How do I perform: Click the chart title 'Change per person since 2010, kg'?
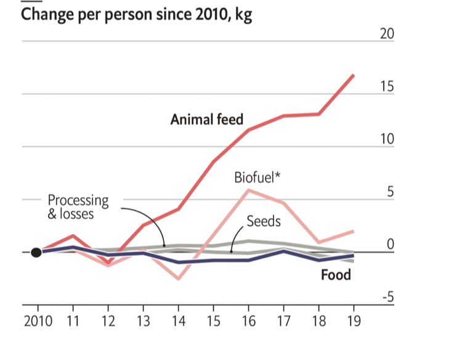coord(136,14)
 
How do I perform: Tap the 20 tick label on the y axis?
coord(386,33)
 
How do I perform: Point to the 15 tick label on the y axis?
coord(386,86)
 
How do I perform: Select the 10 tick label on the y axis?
coord(386,139)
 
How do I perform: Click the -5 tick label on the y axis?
coord(386,298)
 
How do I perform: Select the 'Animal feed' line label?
coord(207,119)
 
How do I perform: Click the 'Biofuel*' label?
coord(257,178)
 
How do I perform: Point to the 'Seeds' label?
coord(264,221)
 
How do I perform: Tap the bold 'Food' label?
coord(336,274)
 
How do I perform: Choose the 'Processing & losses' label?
coord(78,207)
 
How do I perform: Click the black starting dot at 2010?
coord(36,252)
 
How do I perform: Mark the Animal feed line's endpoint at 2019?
coord(354,75)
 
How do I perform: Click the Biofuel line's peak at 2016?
coord(248,190)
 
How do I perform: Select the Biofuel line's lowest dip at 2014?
coord(178,279)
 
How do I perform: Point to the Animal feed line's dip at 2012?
coord(108,264)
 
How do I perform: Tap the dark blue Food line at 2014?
coord(178,263)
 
